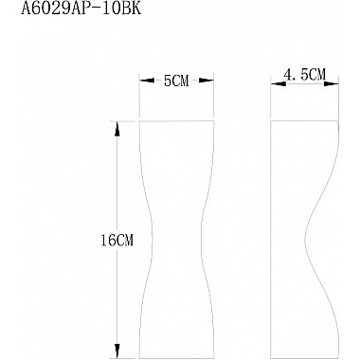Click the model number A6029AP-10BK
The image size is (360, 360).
point(81,9)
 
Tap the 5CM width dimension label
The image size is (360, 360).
point(176,81)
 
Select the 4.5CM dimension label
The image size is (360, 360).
point(304,75)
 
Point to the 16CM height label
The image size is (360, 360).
point(117,241)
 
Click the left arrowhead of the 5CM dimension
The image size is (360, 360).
point(146,81)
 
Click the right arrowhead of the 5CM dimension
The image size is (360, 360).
point(207,81)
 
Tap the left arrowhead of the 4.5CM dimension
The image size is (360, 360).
point(278,83)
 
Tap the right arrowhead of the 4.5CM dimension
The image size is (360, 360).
point(332,83)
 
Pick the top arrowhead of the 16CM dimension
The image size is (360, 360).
point(117,129)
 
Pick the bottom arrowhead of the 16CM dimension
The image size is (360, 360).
point(117,351)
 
